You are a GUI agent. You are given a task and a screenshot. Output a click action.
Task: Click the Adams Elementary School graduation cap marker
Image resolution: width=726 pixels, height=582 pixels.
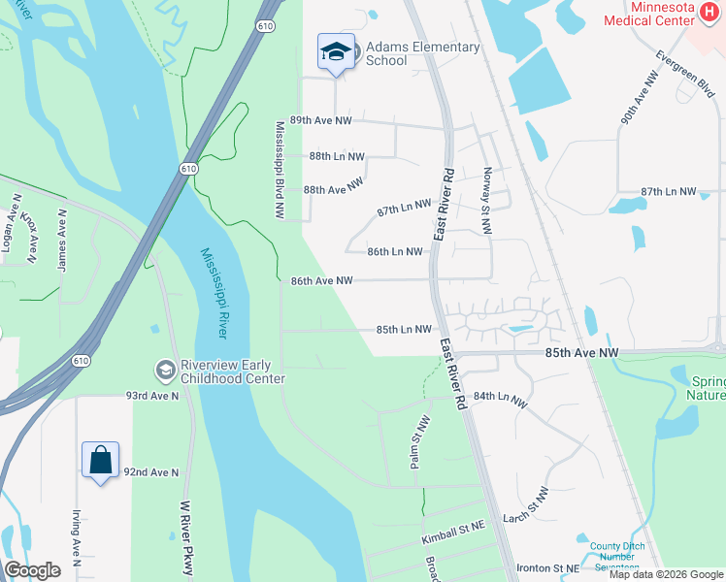click(x=336, y=52)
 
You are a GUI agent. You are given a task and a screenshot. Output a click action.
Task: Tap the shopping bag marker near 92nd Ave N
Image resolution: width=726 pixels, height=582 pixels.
click(x=101, y=460)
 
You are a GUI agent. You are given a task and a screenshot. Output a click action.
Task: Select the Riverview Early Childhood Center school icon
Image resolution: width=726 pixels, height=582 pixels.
click(x=165, y=369)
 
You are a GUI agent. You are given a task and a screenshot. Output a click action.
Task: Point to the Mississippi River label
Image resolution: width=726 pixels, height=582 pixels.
click(x=214, y=292)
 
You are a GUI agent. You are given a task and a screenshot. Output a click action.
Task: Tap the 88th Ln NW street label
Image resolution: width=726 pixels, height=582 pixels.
click(x=337, y=156)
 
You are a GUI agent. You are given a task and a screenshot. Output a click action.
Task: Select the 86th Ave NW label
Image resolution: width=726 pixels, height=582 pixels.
click(x=320, y=281)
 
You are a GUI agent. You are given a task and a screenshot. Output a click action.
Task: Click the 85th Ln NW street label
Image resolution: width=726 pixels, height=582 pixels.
click(x=404, y=330)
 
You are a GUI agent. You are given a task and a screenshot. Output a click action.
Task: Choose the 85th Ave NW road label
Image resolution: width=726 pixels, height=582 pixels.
click(x=581, y=354)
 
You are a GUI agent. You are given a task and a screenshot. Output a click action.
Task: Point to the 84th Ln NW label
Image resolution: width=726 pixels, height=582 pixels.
click(x=501, y=399)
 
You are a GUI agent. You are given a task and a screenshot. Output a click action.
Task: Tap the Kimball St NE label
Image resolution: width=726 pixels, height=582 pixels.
click(x=452, y=535)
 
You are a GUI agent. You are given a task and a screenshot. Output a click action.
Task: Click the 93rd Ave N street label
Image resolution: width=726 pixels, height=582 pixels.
click(x=152, y=396)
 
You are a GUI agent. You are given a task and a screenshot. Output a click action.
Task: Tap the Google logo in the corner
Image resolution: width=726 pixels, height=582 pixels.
click(x=32, y=569)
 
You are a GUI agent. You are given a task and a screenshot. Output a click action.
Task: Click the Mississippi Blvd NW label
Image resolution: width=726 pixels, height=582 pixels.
click(x=280, y=170)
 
